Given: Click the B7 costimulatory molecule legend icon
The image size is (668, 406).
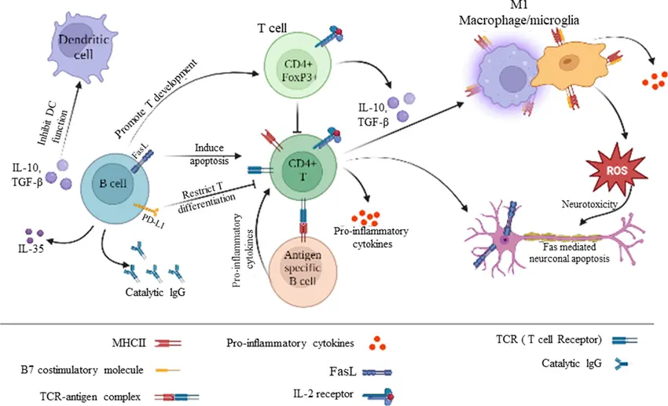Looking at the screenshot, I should [x=168, y=368].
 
